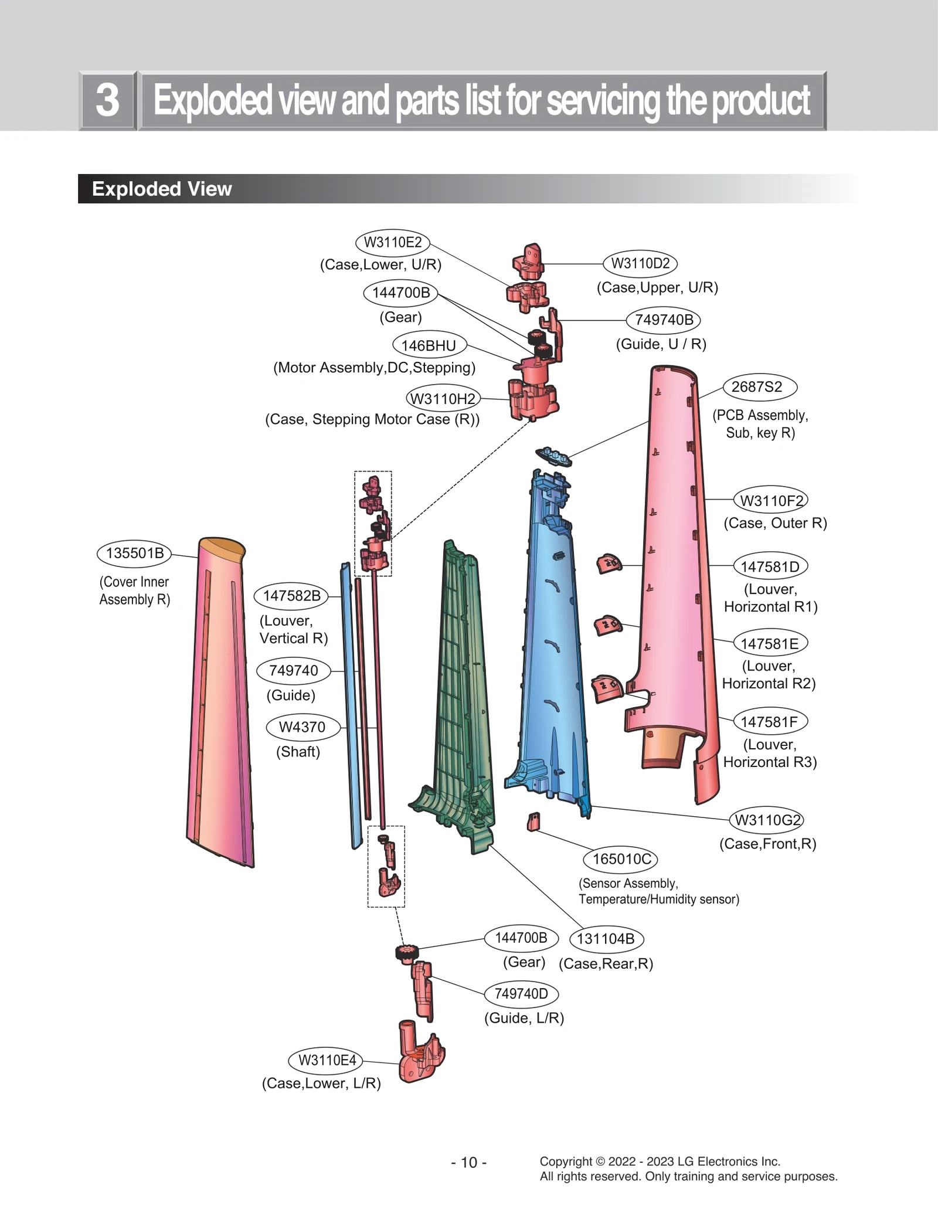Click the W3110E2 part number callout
(x=392, y=242)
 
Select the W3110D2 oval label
(x=640, y=263)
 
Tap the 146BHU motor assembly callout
(x=429, y=345)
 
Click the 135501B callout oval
(x=134, y=554)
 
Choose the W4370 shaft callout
(x=303, y=727)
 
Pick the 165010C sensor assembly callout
(x=621, y=859)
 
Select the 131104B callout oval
(x=606, y=939)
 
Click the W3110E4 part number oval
(x=327, y=1060)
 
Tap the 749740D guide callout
(x=521, y=993)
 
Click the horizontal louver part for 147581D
(x=609, y=564)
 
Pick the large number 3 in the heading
(x=108, y=100)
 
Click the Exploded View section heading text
(x=162, y=189)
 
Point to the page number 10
(x=469, y=1162)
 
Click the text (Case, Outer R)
(x=774, y=523)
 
